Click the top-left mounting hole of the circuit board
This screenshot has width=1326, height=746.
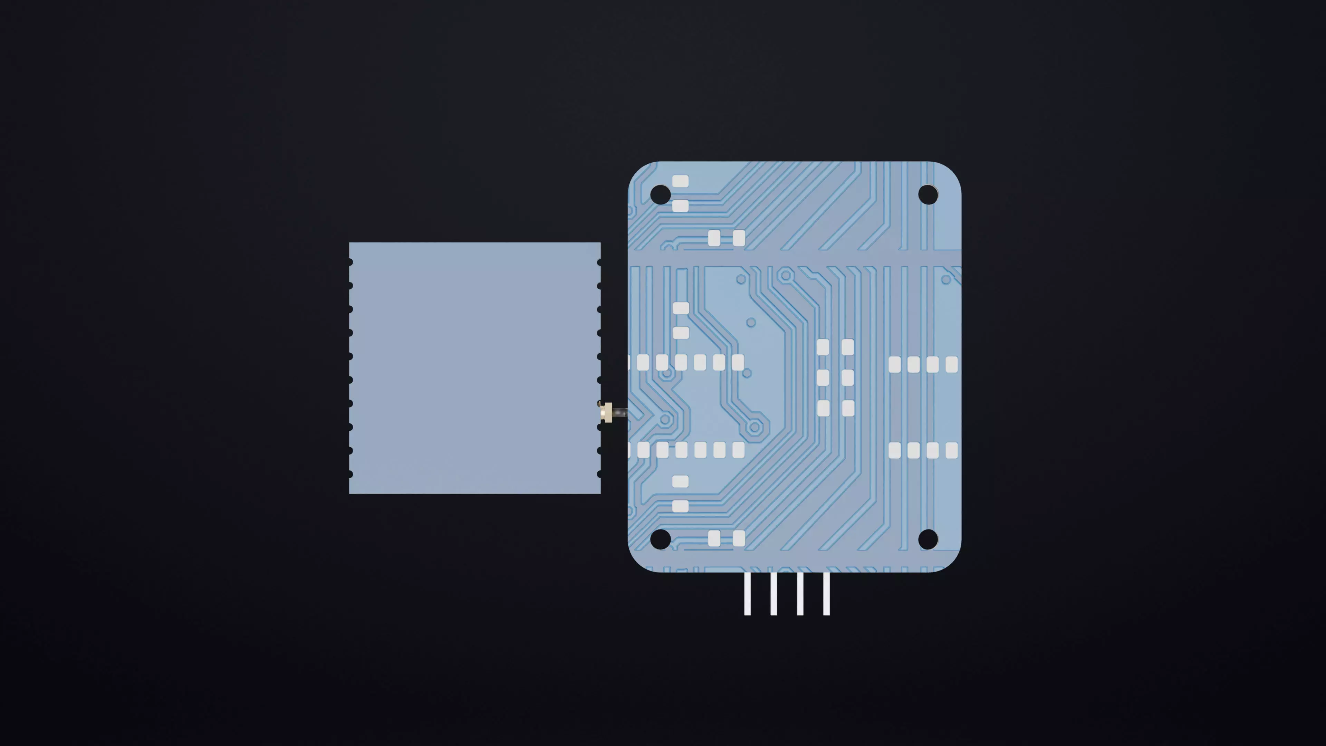click(x=661, y=194)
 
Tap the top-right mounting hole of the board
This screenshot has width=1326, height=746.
click(x=928, y=194)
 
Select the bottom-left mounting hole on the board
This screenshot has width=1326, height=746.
click(x=661, y=539)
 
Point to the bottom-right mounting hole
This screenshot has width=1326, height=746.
click(x=928, y=539)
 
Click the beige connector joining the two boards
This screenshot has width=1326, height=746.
click(x=608, y=412)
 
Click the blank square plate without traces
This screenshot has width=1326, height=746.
click(x=474, y=367)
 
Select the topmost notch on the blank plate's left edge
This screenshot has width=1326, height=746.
click(x=350, y=262)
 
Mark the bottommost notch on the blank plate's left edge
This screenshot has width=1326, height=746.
click(x=350, y=474)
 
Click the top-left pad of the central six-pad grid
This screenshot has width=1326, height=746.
click(x=823, y=347)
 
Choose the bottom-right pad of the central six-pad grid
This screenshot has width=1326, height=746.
click(x=848, y=408)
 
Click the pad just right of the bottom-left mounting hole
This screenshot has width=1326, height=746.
click(x=714, y=538)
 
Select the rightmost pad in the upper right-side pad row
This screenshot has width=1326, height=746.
click(x=952, y=364)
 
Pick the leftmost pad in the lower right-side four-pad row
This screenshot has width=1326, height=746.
click(x=895, y=450)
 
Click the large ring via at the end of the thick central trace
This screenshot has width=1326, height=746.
click(x=755, y=427)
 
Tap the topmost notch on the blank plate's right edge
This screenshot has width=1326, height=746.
click(x=599, y=262)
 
